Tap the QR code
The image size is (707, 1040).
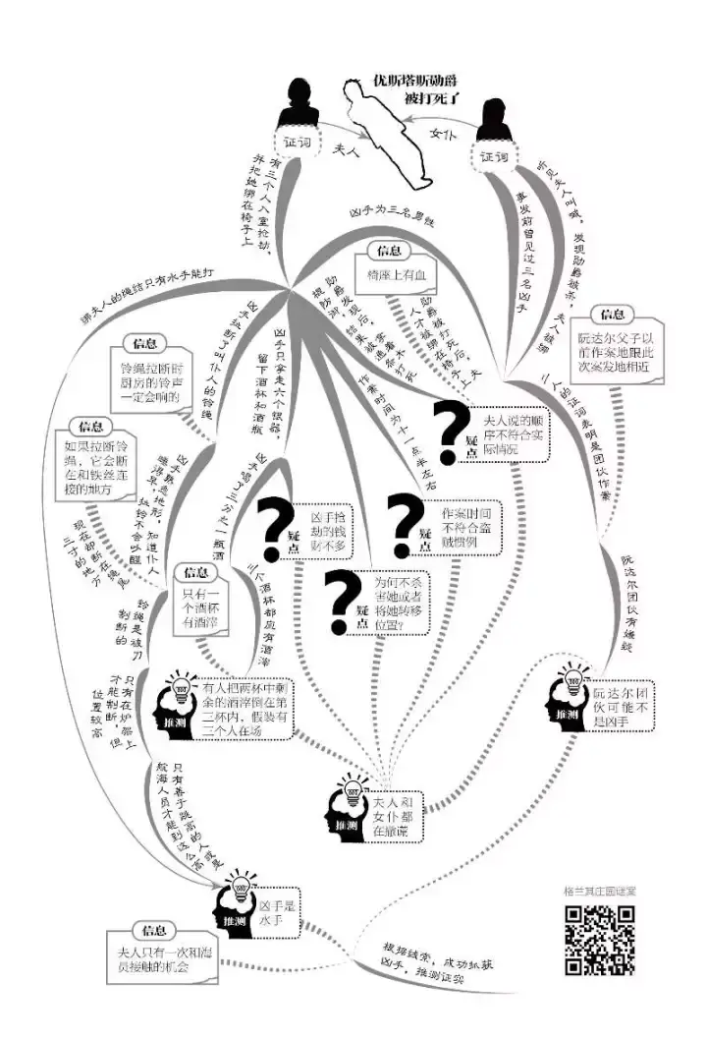click(x=598, y=940)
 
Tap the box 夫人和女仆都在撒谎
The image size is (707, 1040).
click(x=393, y=816)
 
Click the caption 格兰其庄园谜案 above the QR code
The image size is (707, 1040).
click(x=598, y=893)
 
